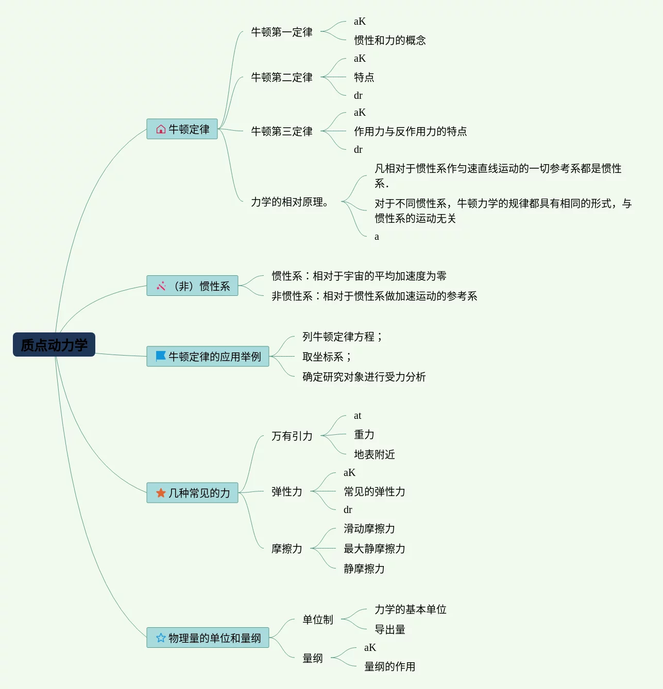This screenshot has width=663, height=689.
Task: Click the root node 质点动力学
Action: click(x=54, y=345)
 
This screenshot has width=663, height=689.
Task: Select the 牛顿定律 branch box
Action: click(x=182, y=129)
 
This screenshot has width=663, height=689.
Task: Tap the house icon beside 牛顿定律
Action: click(x=161, y=129)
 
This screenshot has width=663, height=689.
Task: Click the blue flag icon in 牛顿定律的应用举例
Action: click(x=161, y=356)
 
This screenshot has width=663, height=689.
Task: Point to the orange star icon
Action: click(x=161, y=493)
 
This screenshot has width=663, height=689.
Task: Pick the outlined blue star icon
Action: click(x=161, y=638)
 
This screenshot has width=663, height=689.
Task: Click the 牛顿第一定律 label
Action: click(x=281, y=32)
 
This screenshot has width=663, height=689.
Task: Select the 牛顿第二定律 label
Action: click(x=281, y=77)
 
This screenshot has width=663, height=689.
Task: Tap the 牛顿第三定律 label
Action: click(x=281, y=131)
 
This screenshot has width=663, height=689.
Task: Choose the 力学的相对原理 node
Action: click(x=290, y=202)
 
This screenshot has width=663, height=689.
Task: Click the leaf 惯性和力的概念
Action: click(x=389, y=40)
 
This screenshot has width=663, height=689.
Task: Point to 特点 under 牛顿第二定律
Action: click(x=364, y=77)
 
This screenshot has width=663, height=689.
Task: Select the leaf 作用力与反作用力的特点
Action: click(x=410, y=131)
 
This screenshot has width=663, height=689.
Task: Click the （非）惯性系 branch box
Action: click(x=192, y=286)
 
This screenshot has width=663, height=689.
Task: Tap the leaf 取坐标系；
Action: click(x=327, y=357)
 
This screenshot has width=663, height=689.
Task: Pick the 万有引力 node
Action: click(x=292, y=436)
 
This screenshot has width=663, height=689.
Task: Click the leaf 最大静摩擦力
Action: click(x=374, y=549)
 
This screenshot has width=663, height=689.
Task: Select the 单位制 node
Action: click(x=317, y=620)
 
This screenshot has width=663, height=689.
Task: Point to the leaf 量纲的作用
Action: click(x=389, y=666)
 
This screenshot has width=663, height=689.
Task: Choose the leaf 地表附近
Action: click(x=374, y=454)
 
